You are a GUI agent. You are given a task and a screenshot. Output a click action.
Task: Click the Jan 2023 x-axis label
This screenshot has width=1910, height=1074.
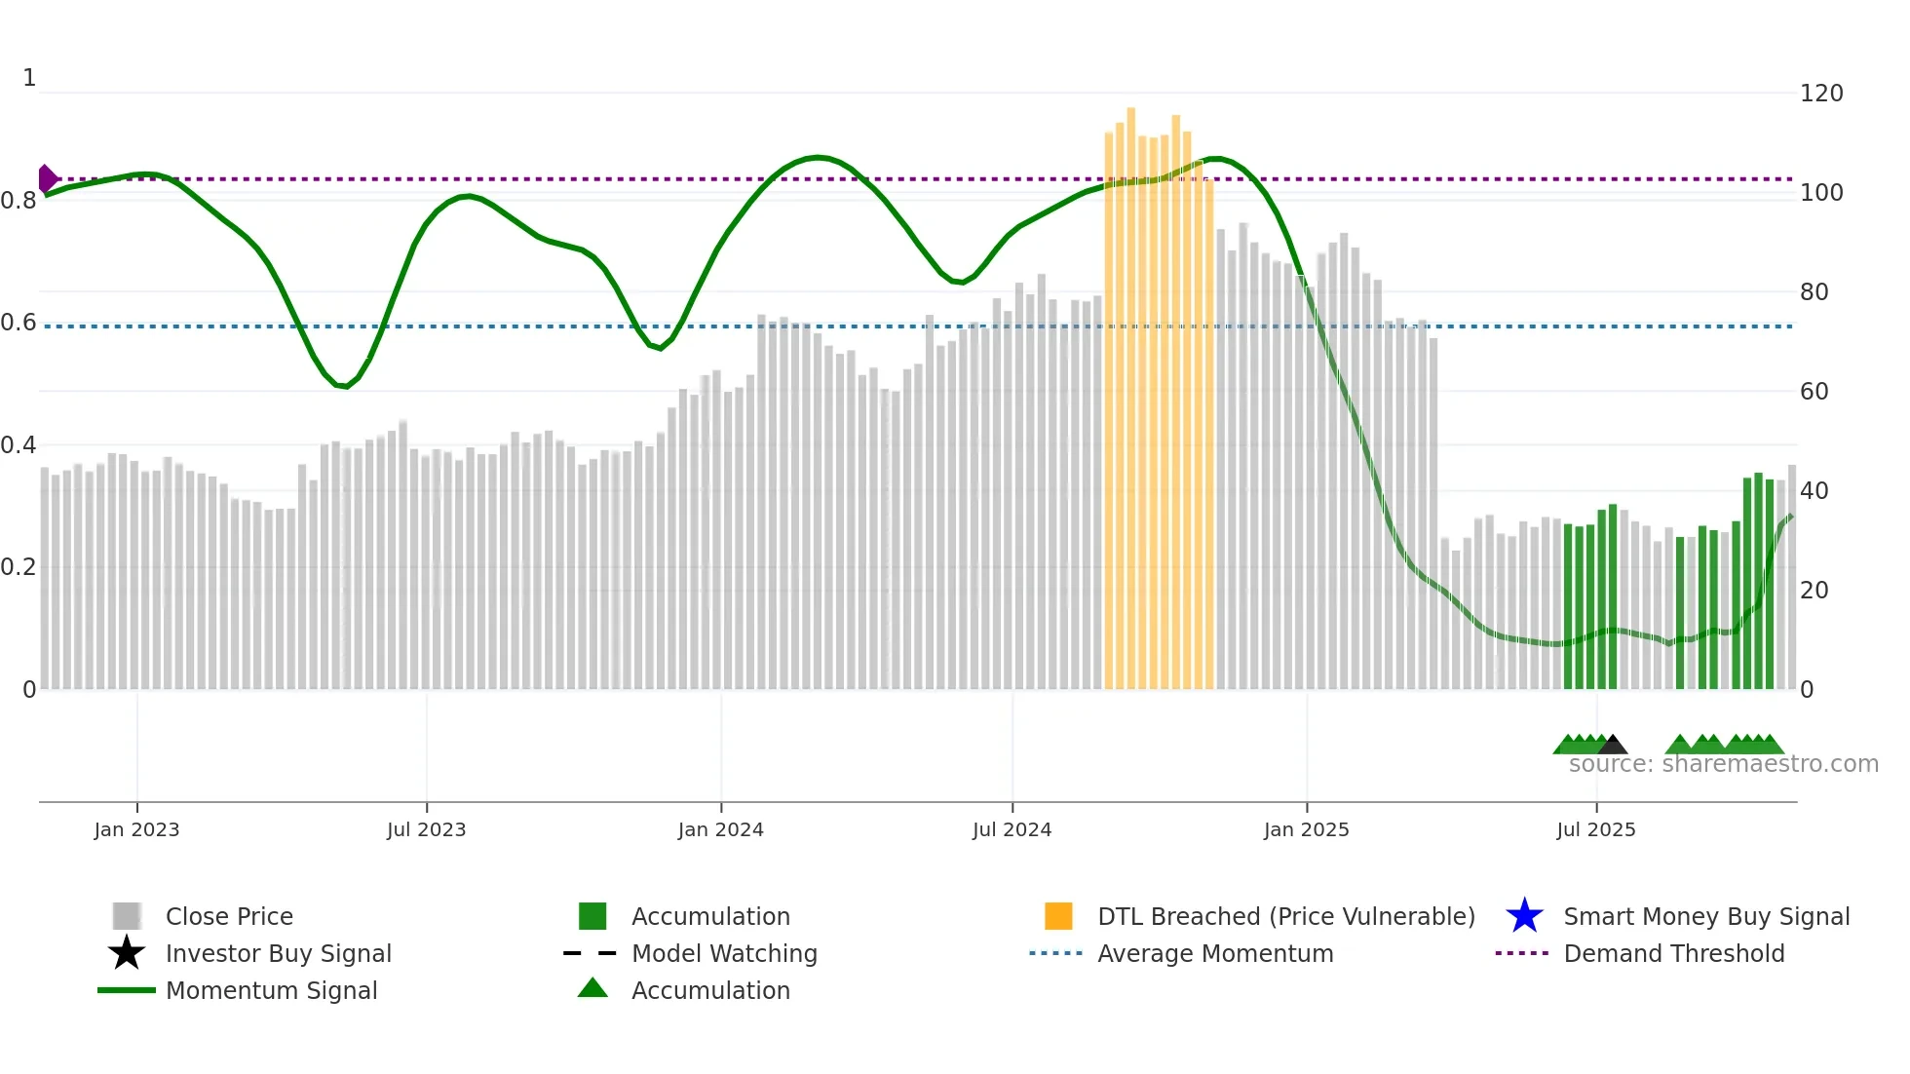pyautogui.click(x=136, y=829)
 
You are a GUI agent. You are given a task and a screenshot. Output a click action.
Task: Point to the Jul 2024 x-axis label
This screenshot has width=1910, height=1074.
pyautogui.click(x=1012, y=829)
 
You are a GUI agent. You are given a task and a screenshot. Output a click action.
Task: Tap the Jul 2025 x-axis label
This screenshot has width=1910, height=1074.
pyautogui.click(x=1595, y=829)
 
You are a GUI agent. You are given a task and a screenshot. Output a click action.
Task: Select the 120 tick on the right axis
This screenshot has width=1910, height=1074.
pyautogui.click(x=1820, y=94)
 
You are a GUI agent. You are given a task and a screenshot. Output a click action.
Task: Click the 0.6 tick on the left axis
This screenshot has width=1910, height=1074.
pyautogui.click(x=19, y=323)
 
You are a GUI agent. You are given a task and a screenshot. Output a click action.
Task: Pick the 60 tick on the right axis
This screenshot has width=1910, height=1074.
pyautogui.click(x=1814, y=392)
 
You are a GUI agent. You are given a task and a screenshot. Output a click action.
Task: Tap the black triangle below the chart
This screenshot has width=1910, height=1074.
pyautogui.click(x=1612, y=746)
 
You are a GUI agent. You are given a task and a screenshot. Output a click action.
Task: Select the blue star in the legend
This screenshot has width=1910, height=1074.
pyautogui.click(x=1524, y=916)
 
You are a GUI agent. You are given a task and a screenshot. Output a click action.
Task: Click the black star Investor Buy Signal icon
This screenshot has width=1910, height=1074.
pyautogui.click(x=127, y=953)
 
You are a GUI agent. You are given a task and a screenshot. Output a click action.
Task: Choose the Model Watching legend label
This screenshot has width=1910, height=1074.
pyautogui.click(x=724, y=953)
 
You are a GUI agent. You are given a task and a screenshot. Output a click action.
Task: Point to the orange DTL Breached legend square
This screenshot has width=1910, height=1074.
pyautogui.click(x=1058, y=916)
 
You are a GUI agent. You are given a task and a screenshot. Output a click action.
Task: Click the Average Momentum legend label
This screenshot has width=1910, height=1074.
pyautogui.click(x=1215, y=953)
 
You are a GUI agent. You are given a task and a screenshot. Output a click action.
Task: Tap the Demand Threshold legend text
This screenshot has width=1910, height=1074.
pyautogui.click(x=1673, y=953)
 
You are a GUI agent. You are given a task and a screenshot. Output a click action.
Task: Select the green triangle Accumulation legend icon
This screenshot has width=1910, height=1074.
pyautogui.click(x=592, y=989)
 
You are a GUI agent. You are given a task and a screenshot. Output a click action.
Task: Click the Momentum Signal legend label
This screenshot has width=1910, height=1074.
pyautogui.click(x=271, y=990)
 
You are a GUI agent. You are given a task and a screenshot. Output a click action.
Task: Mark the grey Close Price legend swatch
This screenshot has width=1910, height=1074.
pyautogui.click(x=127, y=916)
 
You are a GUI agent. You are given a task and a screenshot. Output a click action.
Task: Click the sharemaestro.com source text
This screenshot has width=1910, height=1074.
pyautogui.click(x=1723, y=764)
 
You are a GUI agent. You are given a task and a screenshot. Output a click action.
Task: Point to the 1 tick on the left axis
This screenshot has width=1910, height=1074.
pyautogui.click(x=29, y=78)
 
